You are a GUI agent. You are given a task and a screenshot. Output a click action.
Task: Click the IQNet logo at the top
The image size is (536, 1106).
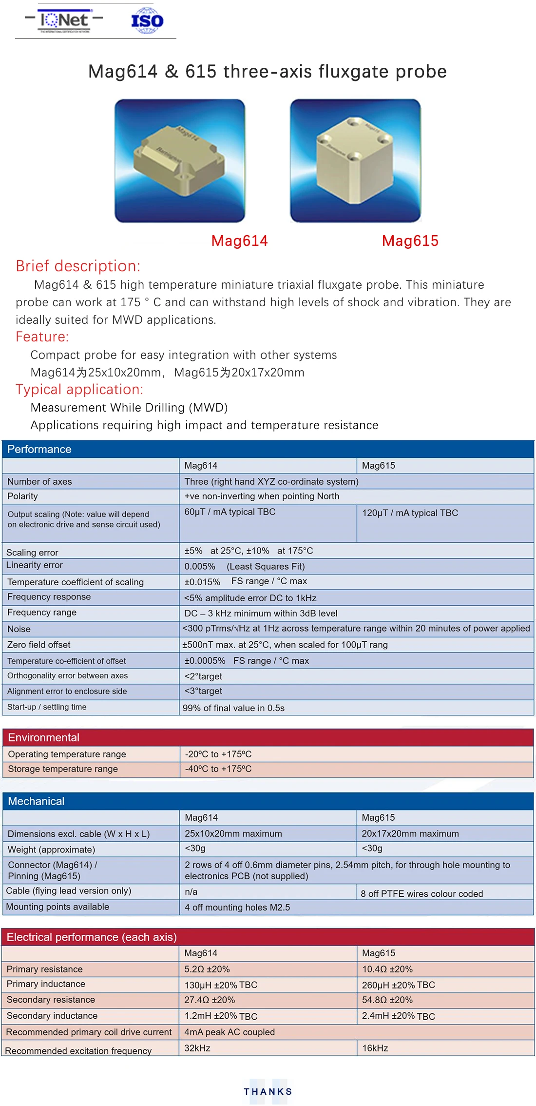pos(64,20)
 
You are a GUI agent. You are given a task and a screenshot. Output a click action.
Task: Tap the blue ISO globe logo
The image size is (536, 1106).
pos(147,21)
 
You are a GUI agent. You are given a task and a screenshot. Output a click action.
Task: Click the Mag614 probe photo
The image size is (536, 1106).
pos(180,160)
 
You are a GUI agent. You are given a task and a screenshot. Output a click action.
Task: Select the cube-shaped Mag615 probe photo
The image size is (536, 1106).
pos(355,160)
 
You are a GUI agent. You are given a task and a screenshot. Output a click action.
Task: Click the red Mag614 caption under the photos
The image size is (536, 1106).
pos(239,241)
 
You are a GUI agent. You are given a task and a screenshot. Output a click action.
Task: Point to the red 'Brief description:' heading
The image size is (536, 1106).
pos(78,266)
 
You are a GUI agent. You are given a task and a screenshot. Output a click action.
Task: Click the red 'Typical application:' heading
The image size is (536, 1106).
pos(79,389)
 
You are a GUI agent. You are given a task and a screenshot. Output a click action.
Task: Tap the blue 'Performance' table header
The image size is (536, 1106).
pos(39,449)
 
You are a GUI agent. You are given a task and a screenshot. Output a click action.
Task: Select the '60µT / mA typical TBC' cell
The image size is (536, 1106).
pos(230,512)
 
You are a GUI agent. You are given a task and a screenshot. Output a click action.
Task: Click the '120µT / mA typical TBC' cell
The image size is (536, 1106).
pos(410,513)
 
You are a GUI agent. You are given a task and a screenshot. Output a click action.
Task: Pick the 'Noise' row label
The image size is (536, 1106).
pos(19,629)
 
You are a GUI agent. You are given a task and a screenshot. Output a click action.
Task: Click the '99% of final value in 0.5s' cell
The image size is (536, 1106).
pos(233,708)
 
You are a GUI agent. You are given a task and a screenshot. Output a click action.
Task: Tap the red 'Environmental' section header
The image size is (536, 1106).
pos(44,737)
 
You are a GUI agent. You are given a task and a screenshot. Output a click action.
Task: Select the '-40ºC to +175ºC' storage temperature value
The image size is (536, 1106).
pos(218,769)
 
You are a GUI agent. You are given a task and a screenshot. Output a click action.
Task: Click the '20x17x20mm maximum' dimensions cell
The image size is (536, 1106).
pos(410,833)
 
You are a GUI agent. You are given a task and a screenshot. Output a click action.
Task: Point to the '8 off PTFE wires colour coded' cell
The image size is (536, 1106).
pos(421,893)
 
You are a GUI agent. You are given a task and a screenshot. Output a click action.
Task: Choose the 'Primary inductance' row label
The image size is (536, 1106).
pos(46,984)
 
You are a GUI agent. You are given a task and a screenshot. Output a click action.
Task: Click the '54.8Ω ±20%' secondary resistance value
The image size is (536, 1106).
pos(387,1000)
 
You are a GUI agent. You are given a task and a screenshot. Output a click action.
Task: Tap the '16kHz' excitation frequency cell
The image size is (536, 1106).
pos(375,1048)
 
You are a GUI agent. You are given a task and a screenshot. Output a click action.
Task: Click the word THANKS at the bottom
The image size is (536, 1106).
pos(268,1091)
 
